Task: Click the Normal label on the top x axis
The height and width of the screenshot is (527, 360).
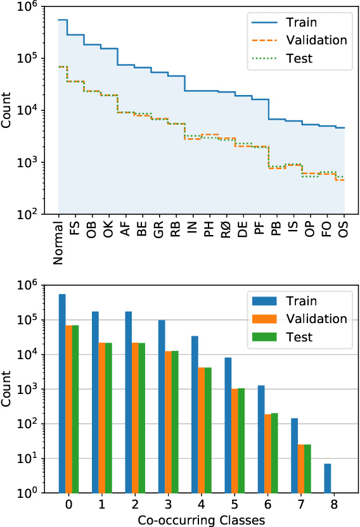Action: point(58,241)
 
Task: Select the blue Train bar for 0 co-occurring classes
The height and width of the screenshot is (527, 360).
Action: point(62,393)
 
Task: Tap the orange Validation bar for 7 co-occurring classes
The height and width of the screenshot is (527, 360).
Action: point(301,468)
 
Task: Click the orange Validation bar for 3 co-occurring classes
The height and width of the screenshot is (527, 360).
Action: point(168,421)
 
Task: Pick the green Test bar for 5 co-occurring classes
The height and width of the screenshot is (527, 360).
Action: point(241,440)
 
